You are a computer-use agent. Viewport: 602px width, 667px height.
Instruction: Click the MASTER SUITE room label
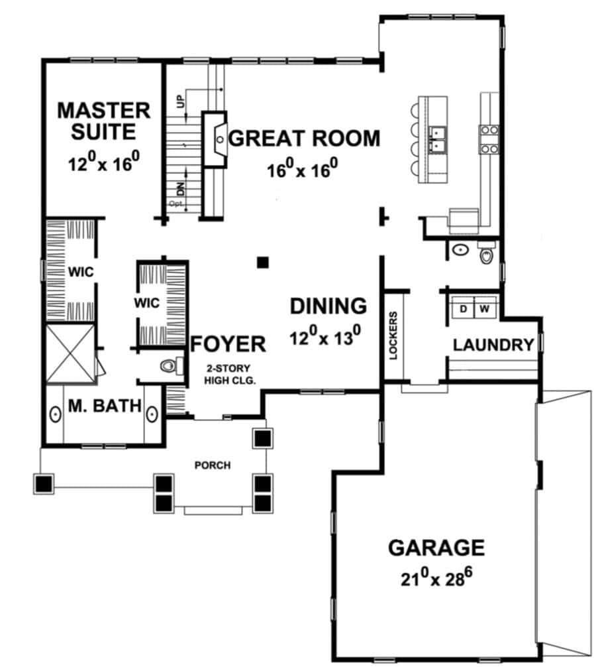[104, 121]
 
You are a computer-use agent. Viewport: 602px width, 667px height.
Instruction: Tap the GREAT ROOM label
[304, 139]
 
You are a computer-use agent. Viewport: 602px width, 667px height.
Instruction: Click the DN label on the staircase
[181, 188]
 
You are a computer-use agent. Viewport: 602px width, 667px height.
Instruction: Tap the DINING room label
[328, 306]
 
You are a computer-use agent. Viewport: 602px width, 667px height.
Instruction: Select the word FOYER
[228, 343]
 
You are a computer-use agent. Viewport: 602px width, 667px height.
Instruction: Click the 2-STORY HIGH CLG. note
[229, 375]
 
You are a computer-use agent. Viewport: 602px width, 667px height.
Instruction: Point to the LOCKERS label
[393, 335]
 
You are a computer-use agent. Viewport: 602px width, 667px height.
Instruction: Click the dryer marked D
[463, 308]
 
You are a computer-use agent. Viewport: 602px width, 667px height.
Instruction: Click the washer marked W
[485, 308]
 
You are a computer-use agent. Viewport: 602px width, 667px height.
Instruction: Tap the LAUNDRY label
[493, 345]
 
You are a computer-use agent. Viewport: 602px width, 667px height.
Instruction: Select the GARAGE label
[436, 548]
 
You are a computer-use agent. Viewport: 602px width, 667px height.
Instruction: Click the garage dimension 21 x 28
[436, 577]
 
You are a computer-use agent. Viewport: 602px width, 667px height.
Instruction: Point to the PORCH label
[213, 465]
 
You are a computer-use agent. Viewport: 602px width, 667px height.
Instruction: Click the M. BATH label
[105, 406]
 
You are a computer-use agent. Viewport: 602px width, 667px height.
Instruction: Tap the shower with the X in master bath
[70, 353]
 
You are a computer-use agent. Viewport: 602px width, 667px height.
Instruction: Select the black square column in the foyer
[263, 263]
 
